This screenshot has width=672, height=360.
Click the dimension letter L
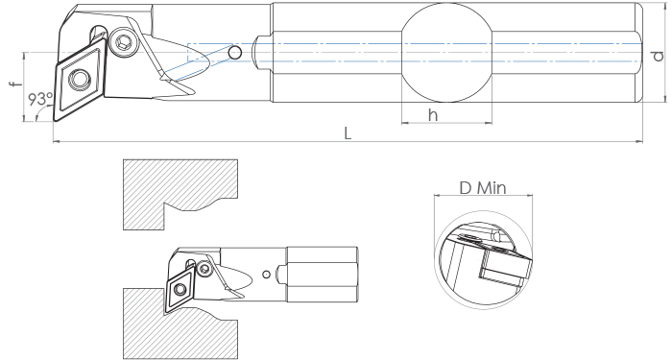[x=348, y=133]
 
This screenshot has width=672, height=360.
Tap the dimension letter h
[x=433, y=115]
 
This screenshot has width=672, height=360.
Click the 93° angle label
[x=40, y=99]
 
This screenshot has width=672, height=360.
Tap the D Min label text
[x=483, y=188]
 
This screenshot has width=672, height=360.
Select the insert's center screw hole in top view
[x=80, y=79]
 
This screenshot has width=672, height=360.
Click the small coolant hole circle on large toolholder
[x=235, y=53]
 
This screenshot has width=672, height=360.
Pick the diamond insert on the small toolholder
[x=180, y=291]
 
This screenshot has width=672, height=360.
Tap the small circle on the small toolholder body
[x=267, y=274]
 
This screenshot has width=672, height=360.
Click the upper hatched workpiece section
[x=180, y=195]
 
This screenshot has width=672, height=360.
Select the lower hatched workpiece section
[x=180, y=324]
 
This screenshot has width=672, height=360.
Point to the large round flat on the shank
[x=446, y=53]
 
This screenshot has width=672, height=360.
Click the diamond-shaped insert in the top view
[x=80, y=80]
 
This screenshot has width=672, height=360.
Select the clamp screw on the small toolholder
[x=204, y=269]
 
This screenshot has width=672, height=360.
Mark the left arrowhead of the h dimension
[x=405, y=123]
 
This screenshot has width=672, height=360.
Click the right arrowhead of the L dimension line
[x=639, y=140]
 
